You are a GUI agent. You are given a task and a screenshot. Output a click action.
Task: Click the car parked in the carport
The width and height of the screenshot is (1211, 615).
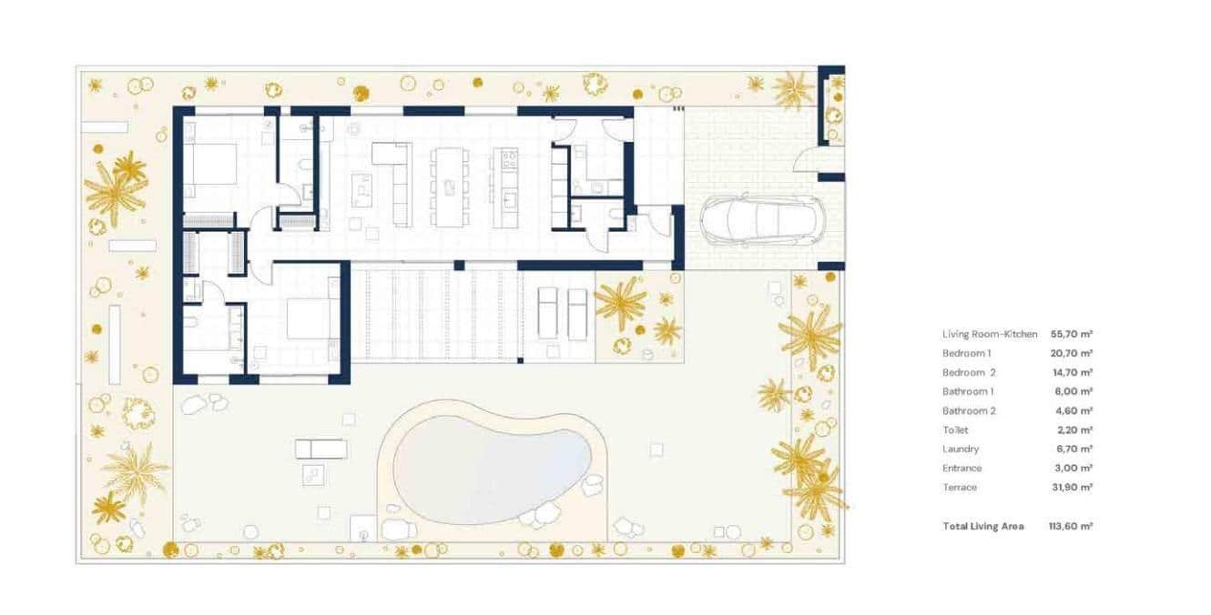coord(759,220)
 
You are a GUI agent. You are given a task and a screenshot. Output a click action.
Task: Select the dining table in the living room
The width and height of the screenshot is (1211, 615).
coord(449,187)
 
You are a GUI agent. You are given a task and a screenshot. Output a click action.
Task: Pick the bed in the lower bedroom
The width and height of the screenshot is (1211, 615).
coord(309,318)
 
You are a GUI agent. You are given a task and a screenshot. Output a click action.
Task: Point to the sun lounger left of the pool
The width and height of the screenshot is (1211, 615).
coord(321,449)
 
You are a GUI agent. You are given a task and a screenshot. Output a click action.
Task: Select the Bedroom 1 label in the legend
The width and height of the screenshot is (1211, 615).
coord(966,354)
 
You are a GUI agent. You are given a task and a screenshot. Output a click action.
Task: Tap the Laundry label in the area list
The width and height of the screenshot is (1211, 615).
coord(961,449)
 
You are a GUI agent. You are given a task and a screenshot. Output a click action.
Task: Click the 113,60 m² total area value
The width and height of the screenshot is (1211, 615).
coord(1071,527)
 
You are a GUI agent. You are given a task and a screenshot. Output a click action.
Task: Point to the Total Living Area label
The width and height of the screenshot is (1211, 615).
coord(982,527)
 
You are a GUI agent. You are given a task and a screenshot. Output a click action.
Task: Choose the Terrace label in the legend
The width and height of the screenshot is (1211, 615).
coord(960,488)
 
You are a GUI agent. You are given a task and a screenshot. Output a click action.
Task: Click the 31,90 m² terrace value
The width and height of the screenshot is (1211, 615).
coord(1071,488)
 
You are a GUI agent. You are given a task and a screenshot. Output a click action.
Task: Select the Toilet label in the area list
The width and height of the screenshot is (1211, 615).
coord(955,430)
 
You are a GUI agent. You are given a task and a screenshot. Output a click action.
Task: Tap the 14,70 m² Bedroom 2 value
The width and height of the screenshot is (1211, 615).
coord(1071,373)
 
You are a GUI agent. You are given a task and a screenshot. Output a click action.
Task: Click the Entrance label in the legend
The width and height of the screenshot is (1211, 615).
coord(962,469)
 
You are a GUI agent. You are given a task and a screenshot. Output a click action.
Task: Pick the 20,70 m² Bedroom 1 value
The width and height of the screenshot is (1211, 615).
coord(1071,354)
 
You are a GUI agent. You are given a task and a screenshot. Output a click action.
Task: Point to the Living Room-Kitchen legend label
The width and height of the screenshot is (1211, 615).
coord(990,335)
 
